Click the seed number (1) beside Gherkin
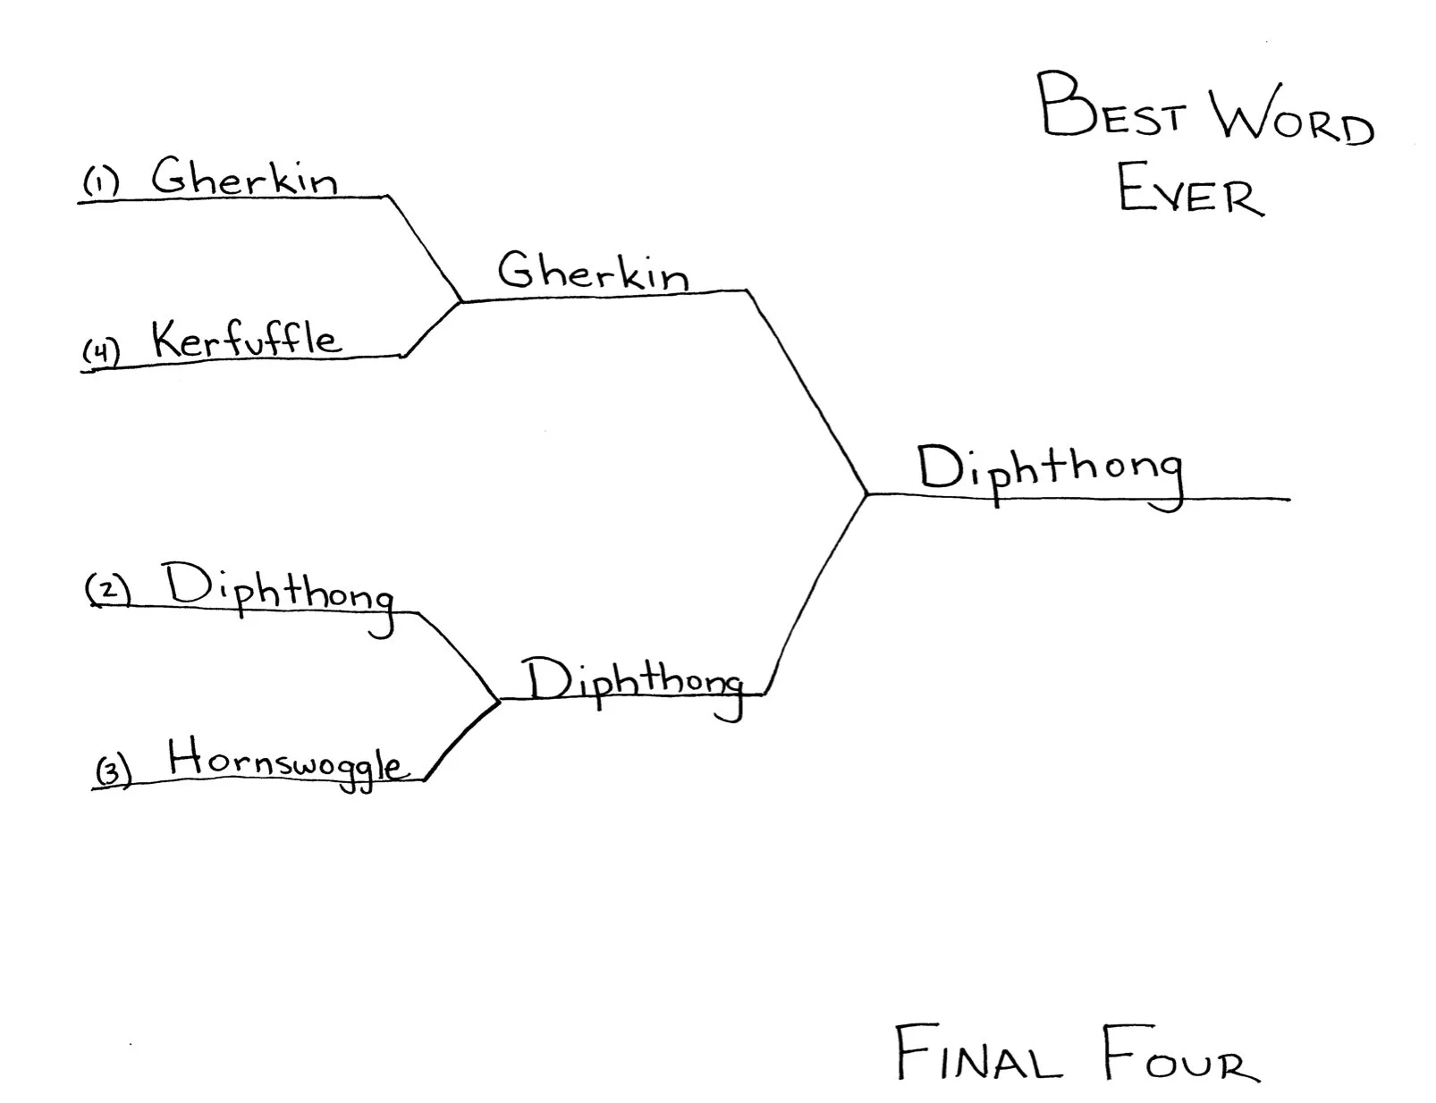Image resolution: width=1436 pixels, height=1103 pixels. click(x=101, y=183)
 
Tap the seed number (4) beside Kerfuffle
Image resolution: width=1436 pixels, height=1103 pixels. click(x=101, y=351)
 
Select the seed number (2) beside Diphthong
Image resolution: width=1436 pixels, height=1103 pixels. click(x=108, y=590)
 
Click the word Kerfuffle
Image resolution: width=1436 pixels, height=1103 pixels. click(x=246, y=340)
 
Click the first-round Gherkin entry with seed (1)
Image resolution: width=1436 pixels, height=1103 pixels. click(x=244, y=176)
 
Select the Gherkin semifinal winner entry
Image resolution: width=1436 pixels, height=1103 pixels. click(x=593, y=270)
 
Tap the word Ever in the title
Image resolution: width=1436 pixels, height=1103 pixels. click(x=1190, y=190)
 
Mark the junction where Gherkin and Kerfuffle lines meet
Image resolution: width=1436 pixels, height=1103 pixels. click(x=460, y=302)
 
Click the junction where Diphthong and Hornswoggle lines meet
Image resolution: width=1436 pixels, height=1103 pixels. click(x=498, y=700)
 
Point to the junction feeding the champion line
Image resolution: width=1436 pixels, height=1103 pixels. click(x=866, y=493)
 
